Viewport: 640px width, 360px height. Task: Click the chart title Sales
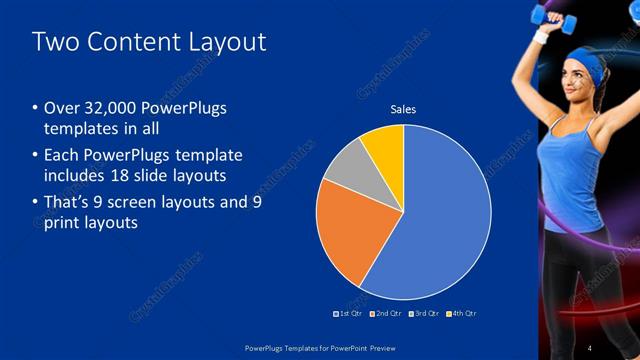click(403, 109)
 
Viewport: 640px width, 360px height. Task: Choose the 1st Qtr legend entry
click(347, 313)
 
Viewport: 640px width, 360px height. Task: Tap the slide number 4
click(589, 347)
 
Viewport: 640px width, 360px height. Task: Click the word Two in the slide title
click(53, 42)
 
